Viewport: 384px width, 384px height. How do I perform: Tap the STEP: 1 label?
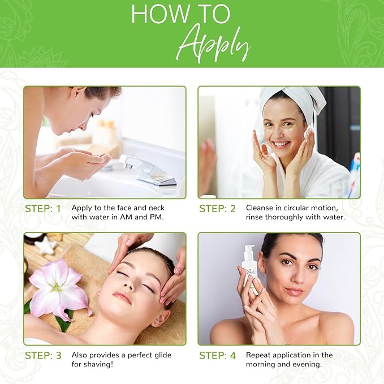(43, 209)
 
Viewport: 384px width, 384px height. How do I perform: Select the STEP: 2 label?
(217, 209)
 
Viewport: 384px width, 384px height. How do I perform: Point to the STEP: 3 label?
(43, 355)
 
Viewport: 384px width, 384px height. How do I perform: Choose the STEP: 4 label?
(217, 355)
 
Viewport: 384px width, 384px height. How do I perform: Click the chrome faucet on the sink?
(149, 170)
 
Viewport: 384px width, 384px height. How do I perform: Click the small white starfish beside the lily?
(45, 245)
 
